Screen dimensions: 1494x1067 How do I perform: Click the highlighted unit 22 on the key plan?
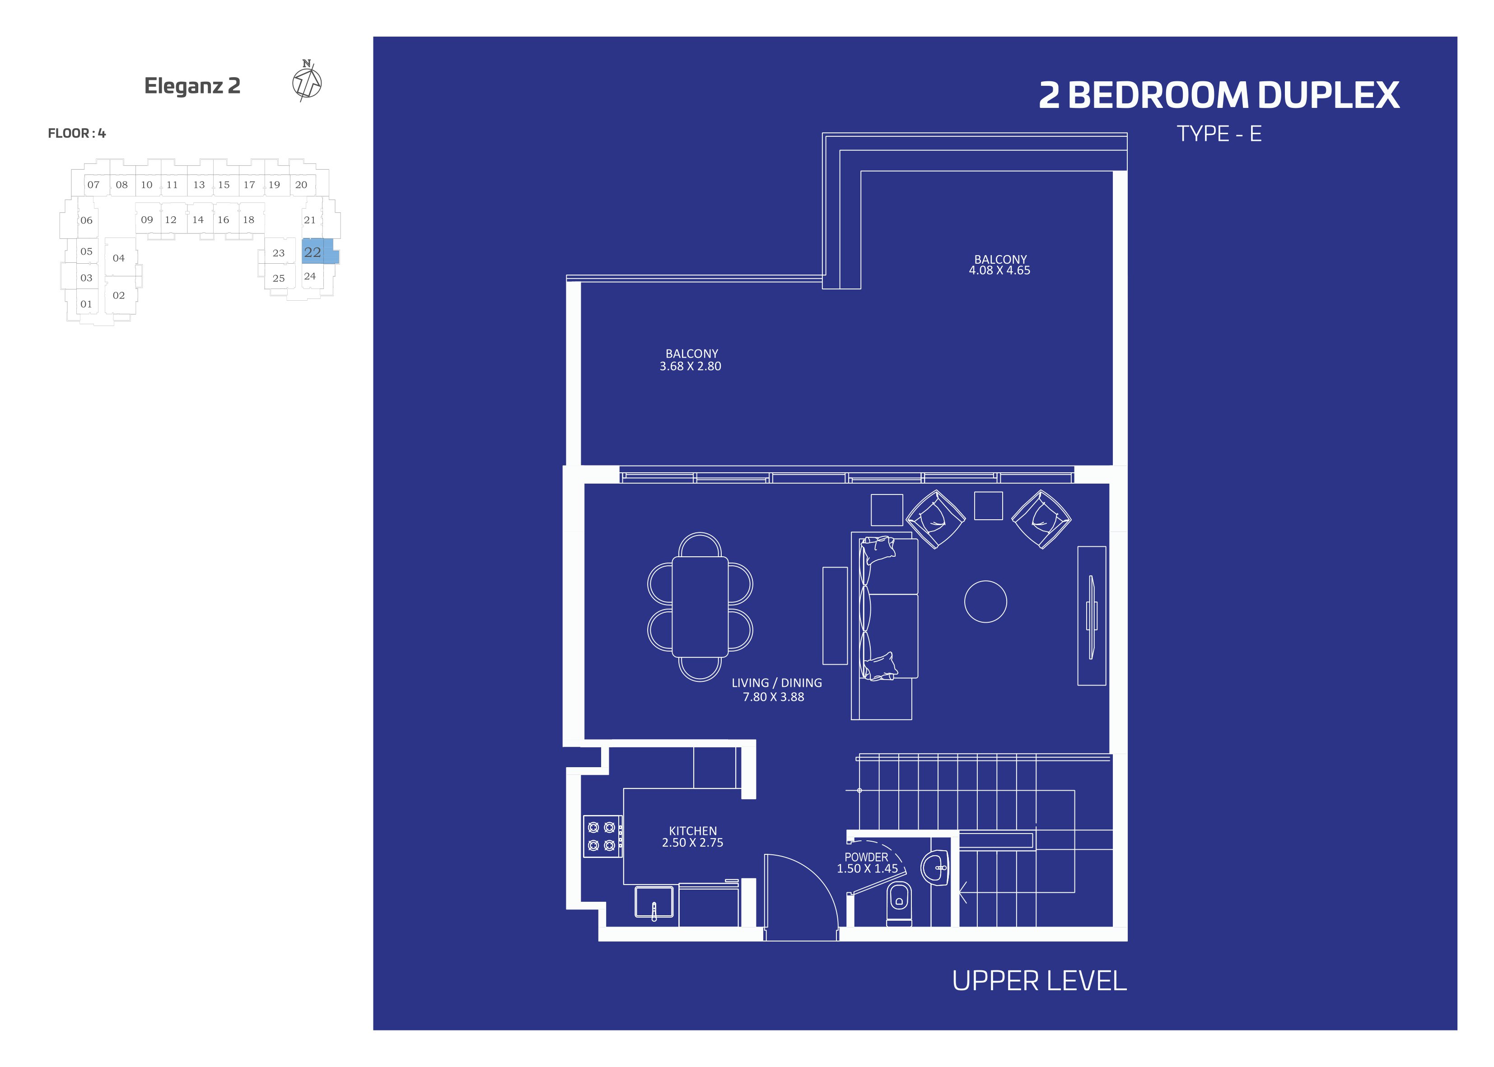320,252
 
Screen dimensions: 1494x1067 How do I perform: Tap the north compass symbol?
307,81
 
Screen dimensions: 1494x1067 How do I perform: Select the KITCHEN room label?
692,831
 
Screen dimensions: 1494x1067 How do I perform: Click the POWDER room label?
866,857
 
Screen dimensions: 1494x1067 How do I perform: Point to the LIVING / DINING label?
776,683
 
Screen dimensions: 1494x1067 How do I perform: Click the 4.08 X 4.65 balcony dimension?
999,270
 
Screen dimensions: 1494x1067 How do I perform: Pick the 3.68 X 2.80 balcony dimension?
691,367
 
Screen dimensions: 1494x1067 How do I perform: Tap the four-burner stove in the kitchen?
602,836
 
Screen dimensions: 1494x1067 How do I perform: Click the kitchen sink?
654,902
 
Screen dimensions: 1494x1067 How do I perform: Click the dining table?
700,606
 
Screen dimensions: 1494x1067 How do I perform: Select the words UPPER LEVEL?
1039,981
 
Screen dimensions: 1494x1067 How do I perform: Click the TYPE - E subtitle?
1219,134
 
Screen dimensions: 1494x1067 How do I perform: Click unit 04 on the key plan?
118,258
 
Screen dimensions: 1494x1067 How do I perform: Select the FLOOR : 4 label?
77,133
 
